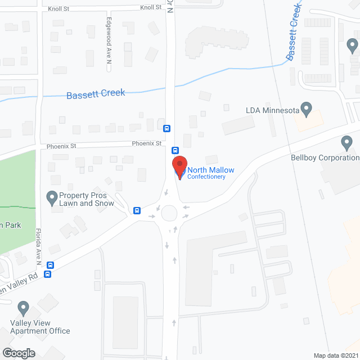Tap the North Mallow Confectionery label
(x=210, y=173)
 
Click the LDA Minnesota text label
(x=272, y=110)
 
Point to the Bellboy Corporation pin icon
(x=346, y=144)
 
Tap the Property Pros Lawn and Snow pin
(x=52, y=197)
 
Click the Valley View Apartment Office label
(x=39, y=327)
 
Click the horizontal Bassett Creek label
(x=96, y=94)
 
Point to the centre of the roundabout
(x=169, y=214)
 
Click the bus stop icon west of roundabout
(x=137, y=210)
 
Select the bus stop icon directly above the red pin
(x=175, y=150)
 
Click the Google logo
(x=18, y=353)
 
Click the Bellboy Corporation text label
(x=325, y=158)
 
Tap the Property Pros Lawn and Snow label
(x=86, y=199)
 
